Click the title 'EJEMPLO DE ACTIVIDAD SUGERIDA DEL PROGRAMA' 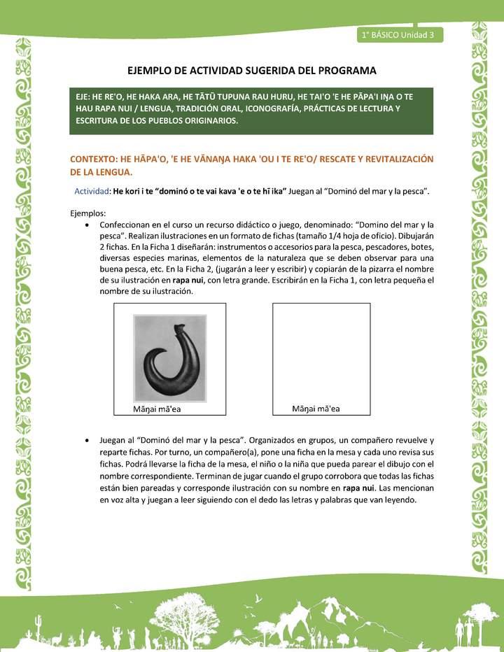point(252,71)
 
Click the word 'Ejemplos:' point(88,213)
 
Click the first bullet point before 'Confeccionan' point(86,225)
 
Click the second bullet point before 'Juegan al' point(86,441)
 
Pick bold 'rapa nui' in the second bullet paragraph point(358,488)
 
